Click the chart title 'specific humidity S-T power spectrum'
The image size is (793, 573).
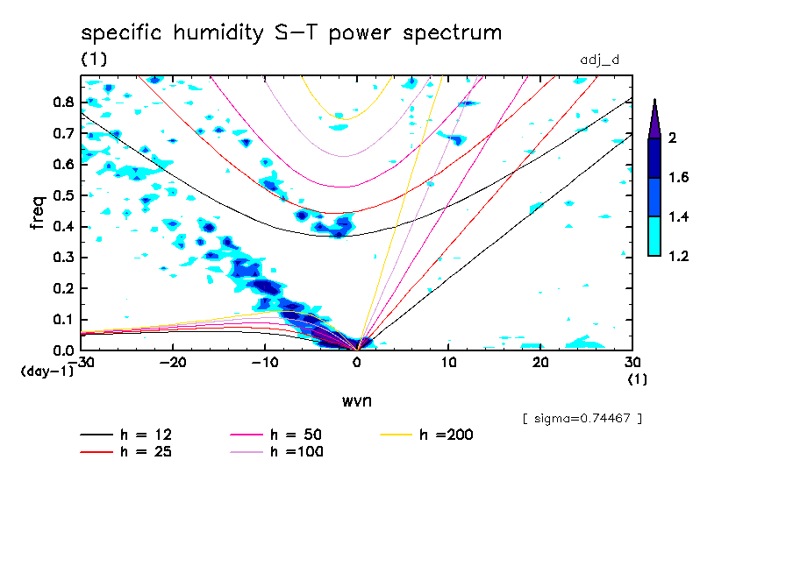coord(291,33)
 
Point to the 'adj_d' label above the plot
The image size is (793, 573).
coord(600,60)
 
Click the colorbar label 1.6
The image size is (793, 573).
coord(678,177)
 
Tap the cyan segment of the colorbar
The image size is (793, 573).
coord(654,236)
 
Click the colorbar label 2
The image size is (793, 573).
coord(671,138)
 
